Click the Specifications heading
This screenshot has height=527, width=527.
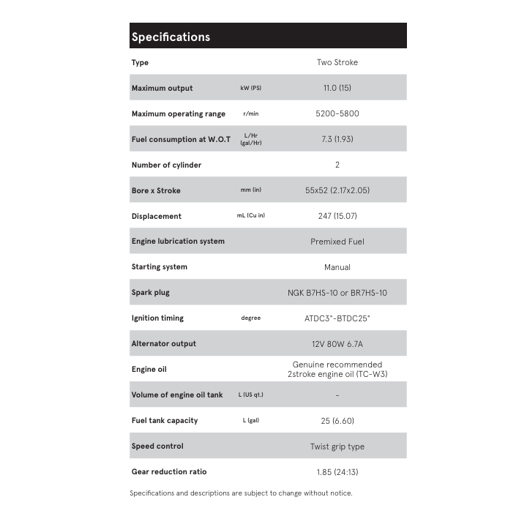click(171, 37)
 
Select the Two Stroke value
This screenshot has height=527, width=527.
click(337, 63)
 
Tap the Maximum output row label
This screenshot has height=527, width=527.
click(162, 89)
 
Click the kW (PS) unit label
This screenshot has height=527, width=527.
click(250, 89)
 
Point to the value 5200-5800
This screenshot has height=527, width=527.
click(337, 114)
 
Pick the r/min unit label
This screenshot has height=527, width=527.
click(250, 114)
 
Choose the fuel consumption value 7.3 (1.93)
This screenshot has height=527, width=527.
click(337, 139)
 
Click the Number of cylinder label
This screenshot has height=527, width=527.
click(166, 165)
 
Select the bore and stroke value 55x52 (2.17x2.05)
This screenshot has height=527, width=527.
click(337, 190)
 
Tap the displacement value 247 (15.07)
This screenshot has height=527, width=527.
click(337, 216)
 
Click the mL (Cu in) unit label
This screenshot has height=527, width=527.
click(250, 216)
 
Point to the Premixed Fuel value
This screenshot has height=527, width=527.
click(337, 242)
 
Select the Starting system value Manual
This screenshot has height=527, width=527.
click(337, 267)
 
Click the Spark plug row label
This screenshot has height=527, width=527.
click(150, 293)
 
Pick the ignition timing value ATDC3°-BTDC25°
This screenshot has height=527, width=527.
click(337, 318)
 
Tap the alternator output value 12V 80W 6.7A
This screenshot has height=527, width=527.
click(337, 344)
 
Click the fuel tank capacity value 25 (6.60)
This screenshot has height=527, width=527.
click(337, 421)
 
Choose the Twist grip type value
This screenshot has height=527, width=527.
click(337, 446)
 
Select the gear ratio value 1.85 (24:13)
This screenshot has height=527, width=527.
click(337, 472)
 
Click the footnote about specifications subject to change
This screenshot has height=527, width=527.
click(241, 493)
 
